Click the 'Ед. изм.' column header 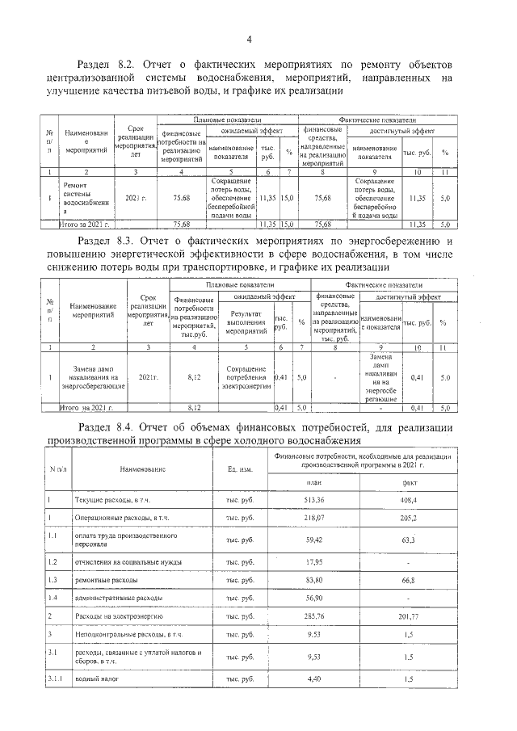240,469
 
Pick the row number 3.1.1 55,681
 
